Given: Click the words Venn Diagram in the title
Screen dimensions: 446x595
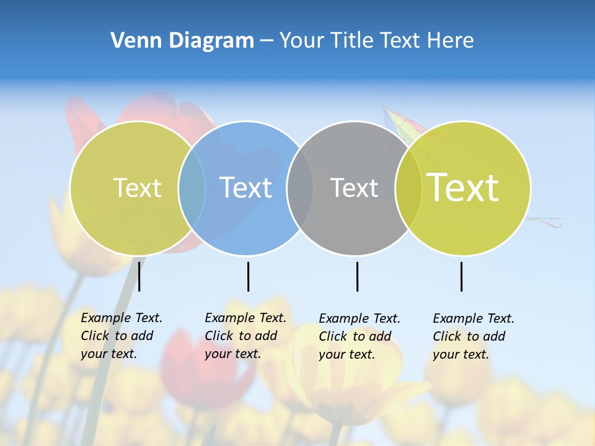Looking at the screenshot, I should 182,41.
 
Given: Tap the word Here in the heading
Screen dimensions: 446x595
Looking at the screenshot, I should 451,41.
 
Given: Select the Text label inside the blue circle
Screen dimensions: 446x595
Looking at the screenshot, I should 246,188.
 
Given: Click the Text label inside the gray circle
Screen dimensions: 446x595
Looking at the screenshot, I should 354,188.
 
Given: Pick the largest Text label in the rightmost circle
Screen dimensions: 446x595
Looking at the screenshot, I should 463,188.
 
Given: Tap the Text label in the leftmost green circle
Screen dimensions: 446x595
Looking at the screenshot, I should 137,188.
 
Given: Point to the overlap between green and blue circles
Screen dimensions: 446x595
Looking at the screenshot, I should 192,188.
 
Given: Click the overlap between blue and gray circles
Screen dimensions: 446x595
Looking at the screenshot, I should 301,188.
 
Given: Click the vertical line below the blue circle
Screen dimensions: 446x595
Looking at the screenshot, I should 248,276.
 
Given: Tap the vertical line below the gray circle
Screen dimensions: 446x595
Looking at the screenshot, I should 357,276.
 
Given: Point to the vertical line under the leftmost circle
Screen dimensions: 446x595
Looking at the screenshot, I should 139,276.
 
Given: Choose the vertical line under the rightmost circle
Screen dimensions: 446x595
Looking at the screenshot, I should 461,276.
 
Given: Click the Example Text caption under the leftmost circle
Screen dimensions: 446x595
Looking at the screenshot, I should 121,336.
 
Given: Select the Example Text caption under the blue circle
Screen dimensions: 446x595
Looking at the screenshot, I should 245,336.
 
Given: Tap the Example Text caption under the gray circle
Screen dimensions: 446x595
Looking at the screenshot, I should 359,336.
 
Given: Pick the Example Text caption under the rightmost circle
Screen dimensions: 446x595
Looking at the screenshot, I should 473,336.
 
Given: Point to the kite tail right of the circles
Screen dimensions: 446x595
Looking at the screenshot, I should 545,221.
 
